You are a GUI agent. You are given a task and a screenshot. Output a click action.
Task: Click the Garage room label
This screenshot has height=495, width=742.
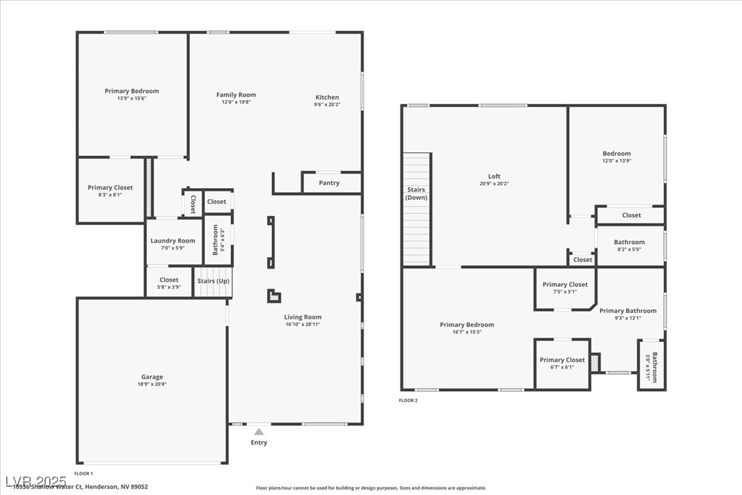coord(152,377)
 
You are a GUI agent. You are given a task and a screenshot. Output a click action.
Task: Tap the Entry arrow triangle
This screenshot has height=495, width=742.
coord(259,431)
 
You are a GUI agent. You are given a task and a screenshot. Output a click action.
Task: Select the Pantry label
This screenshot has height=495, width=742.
coord(329,183)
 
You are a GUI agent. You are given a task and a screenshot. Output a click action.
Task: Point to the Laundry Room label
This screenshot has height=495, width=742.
coord(173,241)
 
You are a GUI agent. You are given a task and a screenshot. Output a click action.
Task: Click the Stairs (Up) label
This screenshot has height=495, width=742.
coord(213,281)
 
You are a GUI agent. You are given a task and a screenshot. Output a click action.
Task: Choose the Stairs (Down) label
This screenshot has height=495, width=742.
coord(416,193)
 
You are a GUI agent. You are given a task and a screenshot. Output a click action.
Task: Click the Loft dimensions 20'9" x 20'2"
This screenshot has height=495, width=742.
coord(494,184)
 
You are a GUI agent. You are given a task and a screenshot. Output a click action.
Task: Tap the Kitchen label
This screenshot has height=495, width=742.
coord(327,97)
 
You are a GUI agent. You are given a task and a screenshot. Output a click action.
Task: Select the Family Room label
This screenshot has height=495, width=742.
coord(236,95)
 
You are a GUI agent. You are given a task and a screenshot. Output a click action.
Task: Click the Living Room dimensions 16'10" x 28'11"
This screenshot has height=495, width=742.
coord(303,324)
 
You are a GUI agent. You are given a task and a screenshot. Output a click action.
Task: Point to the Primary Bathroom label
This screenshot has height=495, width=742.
coord(628,311)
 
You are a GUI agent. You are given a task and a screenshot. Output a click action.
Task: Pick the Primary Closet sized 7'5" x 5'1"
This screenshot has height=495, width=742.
coord(565,284)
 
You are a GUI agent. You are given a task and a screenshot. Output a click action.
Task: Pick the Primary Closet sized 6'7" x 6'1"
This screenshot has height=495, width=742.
coord(562,360)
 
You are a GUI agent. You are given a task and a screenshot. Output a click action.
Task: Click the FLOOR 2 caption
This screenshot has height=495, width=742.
coord(409,401)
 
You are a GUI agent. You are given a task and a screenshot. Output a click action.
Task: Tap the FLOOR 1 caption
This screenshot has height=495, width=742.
coord(83,473)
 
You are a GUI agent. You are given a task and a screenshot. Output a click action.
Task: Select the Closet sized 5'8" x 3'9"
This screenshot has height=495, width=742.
coord(169,280)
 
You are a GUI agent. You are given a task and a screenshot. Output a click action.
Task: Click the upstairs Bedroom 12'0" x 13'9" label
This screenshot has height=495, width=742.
coord(616,154)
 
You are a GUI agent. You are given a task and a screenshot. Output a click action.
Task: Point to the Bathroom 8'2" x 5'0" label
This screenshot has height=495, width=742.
coord(629,242)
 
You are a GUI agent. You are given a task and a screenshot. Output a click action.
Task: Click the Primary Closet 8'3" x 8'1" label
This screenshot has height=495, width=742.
coord(110,187)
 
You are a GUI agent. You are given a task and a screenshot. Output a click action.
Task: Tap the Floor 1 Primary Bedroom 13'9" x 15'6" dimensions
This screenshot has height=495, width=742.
coord(132,98)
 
